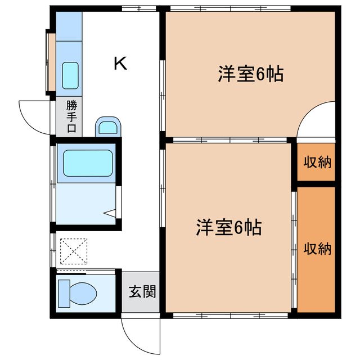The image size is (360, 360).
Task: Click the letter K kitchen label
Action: click(x=120, y=64)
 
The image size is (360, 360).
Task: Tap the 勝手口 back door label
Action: click(x=71, y=116)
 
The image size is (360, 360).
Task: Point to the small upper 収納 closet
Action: click(x=317, y=163)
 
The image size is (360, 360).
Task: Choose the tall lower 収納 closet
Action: click(x=317, y=248)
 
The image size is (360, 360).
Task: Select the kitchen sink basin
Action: click(x=70, y=75)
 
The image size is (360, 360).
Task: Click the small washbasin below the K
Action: click(x=108, y=127)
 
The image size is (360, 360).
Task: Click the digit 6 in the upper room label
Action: click(x=260, y=75)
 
